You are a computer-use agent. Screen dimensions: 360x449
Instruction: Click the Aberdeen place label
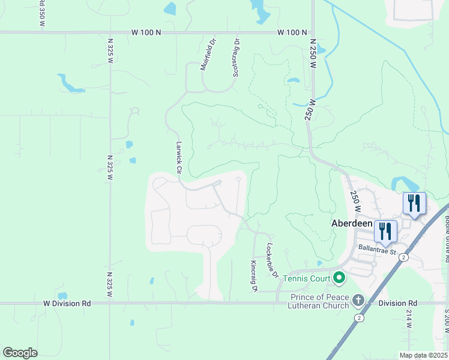(352, 223)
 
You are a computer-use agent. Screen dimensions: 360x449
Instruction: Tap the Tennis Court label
(307, 278)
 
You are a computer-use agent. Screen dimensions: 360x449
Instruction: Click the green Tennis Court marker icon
(339, 278)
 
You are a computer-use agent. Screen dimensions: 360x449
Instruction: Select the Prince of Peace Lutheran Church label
(319, 301)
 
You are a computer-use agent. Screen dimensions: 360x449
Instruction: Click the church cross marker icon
(358, 299)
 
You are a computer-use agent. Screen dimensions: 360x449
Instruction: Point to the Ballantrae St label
(378, 248)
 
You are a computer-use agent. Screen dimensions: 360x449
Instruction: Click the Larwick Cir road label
(178, 157)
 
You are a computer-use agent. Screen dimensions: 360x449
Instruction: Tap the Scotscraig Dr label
(236, 58)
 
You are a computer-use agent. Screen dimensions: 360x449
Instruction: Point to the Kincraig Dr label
(254, 276)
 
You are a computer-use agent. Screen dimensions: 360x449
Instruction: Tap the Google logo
(20, 353)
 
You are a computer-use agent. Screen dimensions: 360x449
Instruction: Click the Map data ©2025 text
(423, 355)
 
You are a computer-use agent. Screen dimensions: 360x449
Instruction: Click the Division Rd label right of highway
(397, 304)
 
